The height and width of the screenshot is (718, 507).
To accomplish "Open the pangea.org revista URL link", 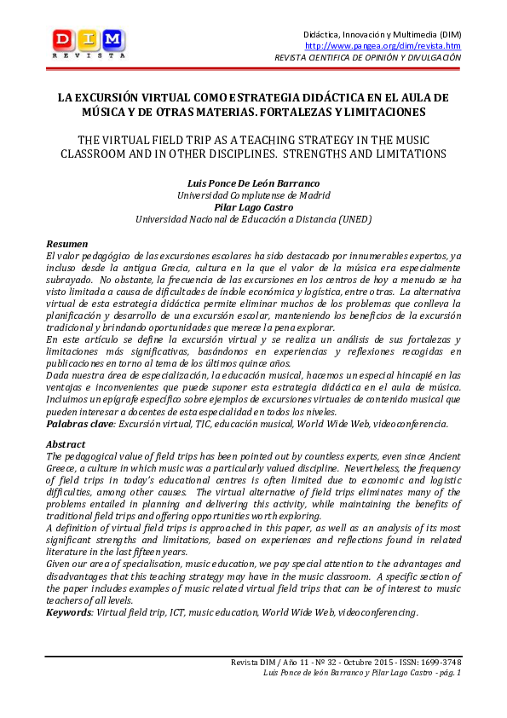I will point(383,46).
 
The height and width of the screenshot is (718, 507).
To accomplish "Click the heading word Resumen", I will point(67,244).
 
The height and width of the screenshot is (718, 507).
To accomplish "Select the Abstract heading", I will point(66,444).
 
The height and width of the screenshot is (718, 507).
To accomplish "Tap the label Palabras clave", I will point(81,423).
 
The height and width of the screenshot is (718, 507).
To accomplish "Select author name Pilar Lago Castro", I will point(253,206).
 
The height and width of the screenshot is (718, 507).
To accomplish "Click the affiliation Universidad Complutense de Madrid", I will point(253,194).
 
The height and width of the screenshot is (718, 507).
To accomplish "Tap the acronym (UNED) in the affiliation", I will point(354,219).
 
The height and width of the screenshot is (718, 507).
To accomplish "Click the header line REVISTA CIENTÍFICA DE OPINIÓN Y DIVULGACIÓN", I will point(367,58).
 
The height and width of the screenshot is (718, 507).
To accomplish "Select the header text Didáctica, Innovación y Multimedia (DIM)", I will point(383,33).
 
